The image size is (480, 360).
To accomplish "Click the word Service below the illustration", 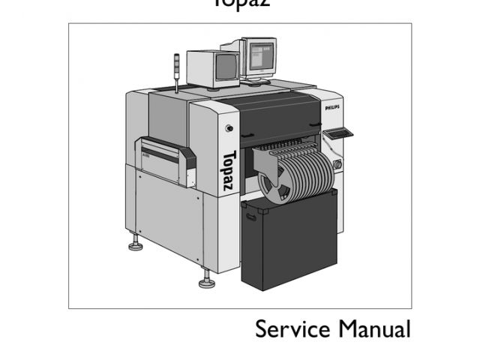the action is (x=292, y=329).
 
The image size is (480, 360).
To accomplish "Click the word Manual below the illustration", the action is (x=374, y=329).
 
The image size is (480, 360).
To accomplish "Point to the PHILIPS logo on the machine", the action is (x=333, y=108).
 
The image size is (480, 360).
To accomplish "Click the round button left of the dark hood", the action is (x=229, y=128).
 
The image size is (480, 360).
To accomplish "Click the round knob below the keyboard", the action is (x=337, y=163).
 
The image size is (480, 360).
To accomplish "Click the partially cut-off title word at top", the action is (x=240, y=4).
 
